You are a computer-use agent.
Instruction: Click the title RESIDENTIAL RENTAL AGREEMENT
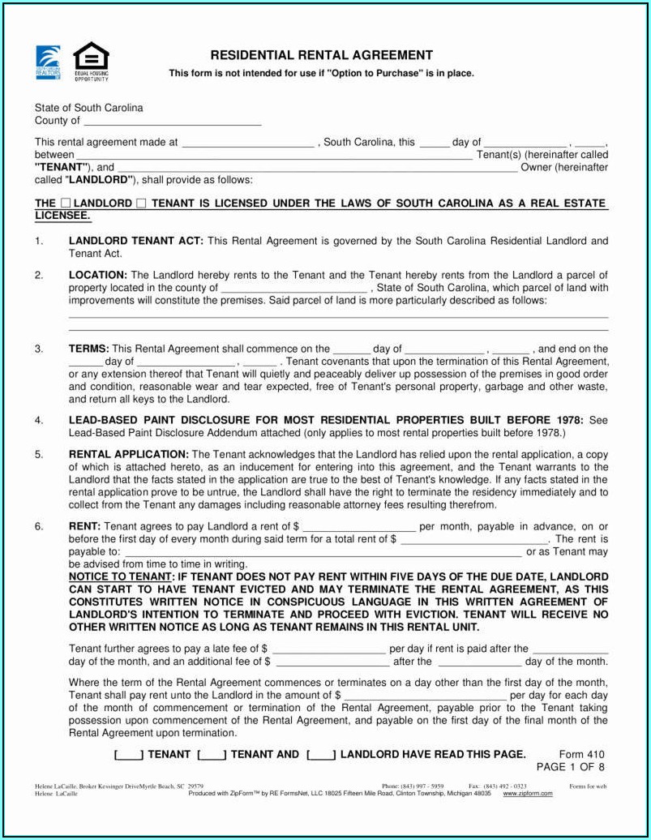click(322, 55)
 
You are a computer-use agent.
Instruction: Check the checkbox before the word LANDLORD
click(66, 204)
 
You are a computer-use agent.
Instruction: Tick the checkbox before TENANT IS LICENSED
click(142, 204)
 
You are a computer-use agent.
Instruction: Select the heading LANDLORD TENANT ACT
click(136, 241)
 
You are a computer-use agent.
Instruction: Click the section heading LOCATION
click(97, 276)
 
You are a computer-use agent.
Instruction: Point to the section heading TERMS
click(88, 349)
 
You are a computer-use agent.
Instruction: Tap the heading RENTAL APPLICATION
click(128, 454)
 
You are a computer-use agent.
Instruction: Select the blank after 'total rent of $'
click(474, 539)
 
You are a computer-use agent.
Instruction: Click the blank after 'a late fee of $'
click(328, 649)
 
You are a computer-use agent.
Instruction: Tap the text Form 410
click(581, 754)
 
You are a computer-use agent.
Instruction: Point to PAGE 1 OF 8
click(570, 766)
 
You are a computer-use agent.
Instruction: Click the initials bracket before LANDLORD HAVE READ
click(321, 755)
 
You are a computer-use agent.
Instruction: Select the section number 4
click(38, 420)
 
